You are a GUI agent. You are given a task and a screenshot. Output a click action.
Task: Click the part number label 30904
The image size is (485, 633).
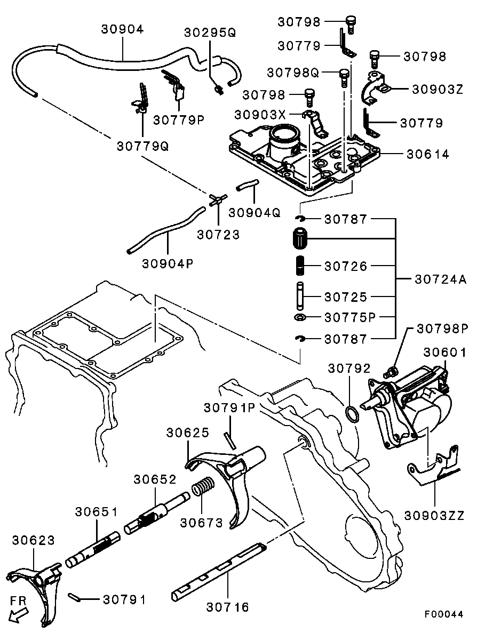[122, 29]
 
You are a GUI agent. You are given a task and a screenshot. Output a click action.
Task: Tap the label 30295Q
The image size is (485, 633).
[210, 33]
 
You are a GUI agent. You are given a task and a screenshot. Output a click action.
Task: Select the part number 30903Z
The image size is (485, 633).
[437, 89]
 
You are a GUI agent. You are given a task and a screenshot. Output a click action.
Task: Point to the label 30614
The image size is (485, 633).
[428, 154]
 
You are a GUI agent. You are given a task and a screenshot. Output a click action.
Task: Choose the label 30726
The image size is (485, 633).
[346, 266]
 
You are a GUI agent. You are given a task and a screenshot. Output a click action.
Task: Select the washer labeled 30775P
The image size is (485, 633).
[300, 318]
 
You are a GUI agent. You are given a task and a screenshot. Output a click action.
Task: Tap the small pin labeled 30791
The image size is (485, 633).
[74, 597]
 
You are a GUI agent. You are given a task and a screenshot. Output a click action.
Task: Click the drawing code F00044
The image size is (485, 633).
[444, 614]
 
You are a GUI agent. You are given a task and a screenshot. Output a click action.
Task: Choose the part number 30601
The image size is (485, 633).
[445, 352]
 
